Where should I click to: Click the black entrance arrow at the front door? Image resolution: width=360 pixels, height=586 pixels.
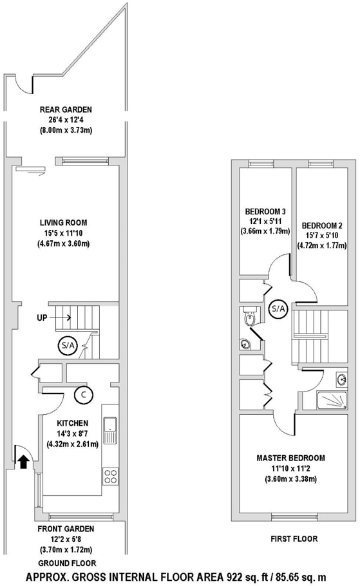coord(23,462)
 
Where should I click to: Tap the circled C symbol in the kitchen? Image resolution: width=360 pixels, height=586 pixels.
coord(83,395)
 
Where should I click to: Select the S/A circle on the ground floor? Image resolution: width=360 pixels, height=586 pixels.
coord(67,346)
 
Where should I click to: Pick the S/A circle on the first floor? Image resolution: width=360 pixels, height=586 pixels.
coord(278,309)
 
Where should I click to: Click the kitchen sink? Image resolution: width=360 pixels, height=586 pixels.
coord(110,431)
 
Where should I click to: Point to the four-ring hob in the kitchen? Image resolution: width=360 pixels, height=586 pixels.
coord(110,477)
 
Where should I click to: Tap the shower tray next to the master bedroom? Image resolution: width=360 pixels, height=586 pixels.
coord(332,401)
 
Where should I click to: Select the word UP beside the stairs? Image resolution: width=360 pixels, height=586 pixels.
coord(42,317)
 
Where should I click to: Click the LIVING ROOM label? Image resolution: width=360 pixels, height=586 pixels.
coord(64,223)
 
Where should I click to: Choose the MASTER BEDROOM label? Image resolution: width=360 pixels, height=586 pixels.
coord(291,458)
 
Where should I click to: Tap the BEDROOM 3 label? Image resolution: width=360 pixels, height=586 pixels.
coord(265,211)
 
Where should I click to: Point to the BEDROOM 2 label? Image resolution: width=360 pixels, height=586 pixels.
coord(322,226)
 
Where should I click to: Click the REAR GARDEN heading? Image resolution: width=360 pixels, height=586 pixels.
coord(66,109)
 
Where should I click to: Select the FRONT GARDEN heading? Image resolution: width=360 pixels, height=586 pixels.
coord(66,529)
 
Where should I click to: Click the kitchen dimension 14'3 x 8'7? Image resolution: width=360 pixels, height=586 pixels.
coord(73,434)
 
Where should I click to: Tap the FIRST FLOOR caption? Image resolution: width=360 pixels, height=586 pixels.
coord(294,539)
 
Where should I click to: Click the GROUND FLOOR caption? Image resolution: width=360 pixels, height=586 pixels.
coord(67,563)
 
